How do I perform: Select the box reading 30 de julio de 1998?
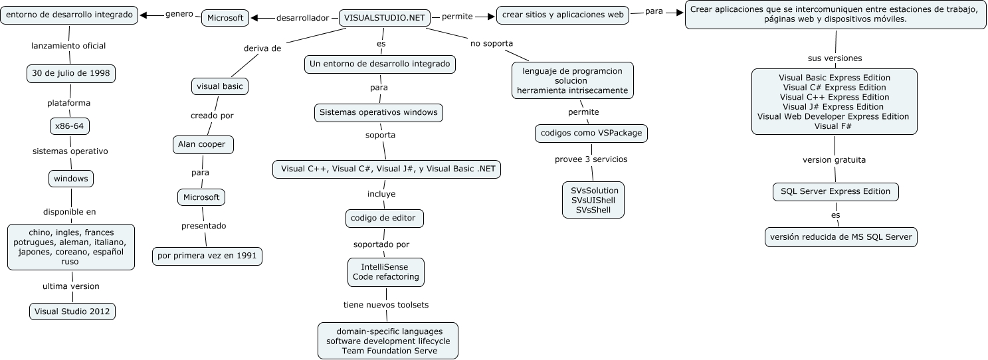coord(71,73)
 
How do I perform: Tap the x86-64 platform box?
coord(70,126)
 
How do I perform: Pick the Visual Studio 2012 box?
coord(73,311)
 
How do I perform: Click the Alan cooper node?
coord(202,143)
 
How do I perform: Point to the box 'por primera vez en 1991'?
coord(207,256)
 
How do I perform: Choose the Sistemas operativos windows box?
coord(378,112)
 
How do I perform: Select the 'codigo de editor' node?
coord(385,217)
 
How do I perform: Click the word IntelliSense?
coord(385,266)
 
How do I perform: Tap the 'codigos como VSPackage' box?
coord(591,133)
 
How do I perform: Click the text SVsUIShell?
coord(593,201)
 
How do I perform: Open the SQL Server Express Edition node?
coord(835,191)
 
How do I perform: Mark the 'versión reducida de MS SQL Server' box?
coord(840,237)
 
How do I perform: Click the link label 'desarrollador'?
coord(302,18)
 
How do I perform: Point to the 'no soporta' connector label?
coord(491,43)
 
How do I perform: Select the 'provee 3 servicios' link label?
coord(591,159)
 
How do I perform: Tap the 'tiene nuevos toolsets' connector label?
coord(386,305)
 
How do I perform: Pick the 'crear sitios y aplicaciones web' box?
coord(563,15)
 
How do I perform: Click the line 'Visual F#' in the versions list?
coord(835,126)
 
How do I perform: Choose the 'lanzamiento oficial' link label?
coord(68,46)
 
